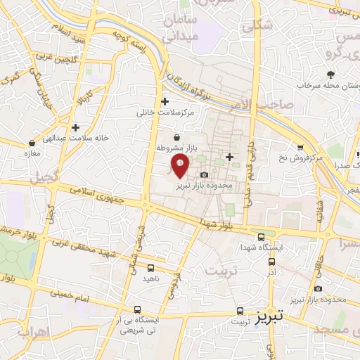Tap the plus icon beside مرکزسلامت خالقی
click(165, 101)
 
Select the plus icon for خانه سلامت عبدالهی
click(75, 127)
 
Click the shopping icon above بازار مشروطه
click(176, 137)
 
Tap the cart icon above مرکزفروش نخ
click(300, 147)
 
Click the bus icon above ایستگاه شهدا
click(262, 236)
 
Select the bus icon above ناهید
click(151, 267)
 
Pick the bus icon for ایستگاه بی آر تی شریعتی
click(137, 309)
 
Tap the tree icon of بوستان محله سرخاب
click(330, 74)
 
